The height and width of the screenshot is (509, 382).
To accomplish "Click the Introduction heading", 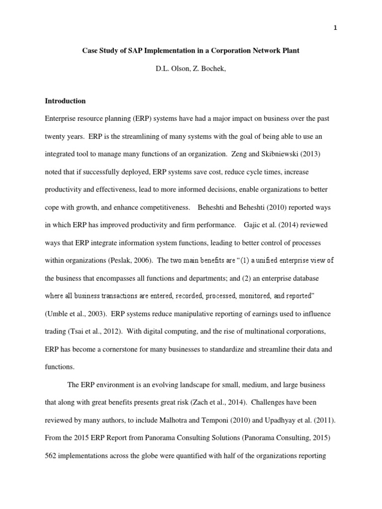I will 65,100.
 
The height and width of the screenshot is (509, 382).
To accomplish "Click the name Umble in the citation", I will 59,314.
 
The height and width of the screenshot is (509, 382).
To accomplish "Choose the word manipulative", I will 184,314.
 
